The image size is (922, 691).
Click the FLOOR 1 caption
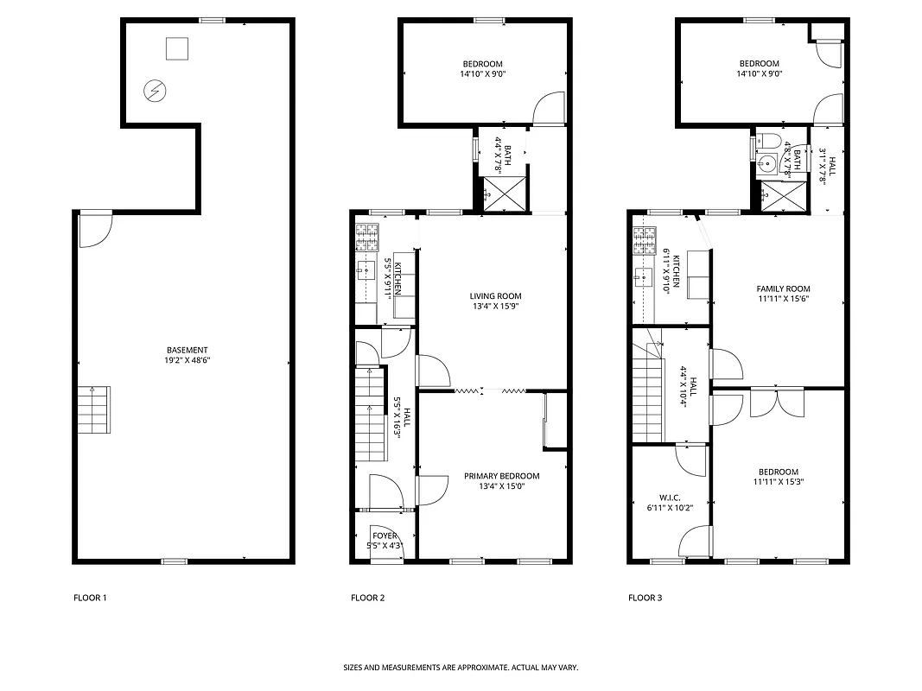pyautogui.click(x=90, y=598)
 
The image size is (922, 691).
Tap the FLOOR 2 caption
pyautogui.click(x=367, y=598)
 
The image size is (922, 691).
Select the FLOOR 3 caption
pyautogui.click(x=645, y=598)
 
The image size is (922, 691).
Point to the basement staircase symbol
pyautogui.click(x=92, y=410)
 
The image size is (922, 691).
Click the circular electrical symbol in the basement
pyautogui.click(x=155, y=91)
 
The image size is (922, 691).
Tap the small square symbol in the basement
pyautogui.click(x=177, y=49)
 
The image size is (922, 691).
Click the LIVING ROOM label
pyautogui.click(x=496, y=296)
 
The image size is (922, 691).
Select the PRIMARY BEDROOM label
pyautogui.click(x=501, y=476)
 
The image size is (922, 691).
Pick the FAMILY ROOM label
pyautogui.click(x=783, y=289)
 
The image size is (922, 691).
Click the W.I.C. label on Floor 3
pyautogui.click(x=670, y=498)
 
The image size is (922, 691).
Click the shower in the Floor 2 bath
pyautogui.click(x=500, y=193)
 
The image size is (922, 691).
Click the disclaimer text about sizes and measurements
pyautogui.click(x=461, y=668)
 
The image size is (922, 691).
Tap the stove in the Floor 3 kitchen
pyautogui.click(x=643, y=242)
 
